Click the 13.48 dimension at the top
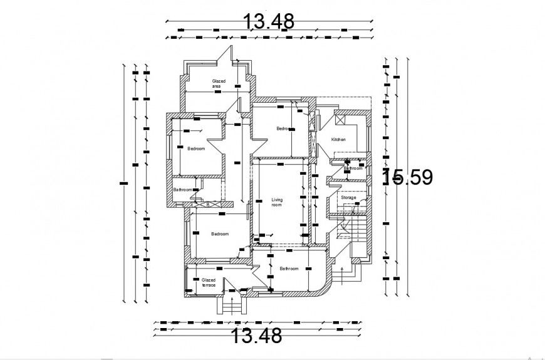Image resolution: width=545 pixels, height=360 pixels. pos(269,21)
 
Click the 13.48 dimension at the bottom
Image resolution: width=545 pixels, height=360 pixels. pos(257,336)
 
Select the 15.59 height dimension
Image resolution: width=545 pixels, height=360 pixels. pos(408,178)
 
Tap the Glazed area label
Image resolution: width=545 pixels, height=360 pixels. pos(219,83)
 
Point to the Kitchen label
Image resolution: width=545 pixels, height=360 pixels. pos(338,139)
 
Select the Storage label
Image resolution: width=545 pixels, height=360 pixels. pos(348,198)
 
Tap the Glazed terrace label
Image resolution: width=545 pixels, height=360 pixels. pos(208,282)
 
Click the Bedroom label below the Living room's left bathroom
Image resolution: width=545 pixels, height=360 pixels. pos(220,234)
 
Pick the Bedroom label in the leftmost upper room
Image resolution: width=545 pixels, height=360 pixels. pos(196,148)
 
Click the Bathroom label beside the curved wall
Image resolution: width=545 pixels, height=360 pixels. pos(289,269)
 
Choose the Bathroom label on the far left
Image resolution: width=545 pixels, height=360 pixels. pos(182,190)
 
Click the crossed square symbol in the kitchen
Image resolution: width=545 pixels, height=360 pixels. pos(341,119)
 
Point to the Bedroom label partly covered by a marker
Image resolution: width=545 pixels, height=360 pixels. pos(284,128)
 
